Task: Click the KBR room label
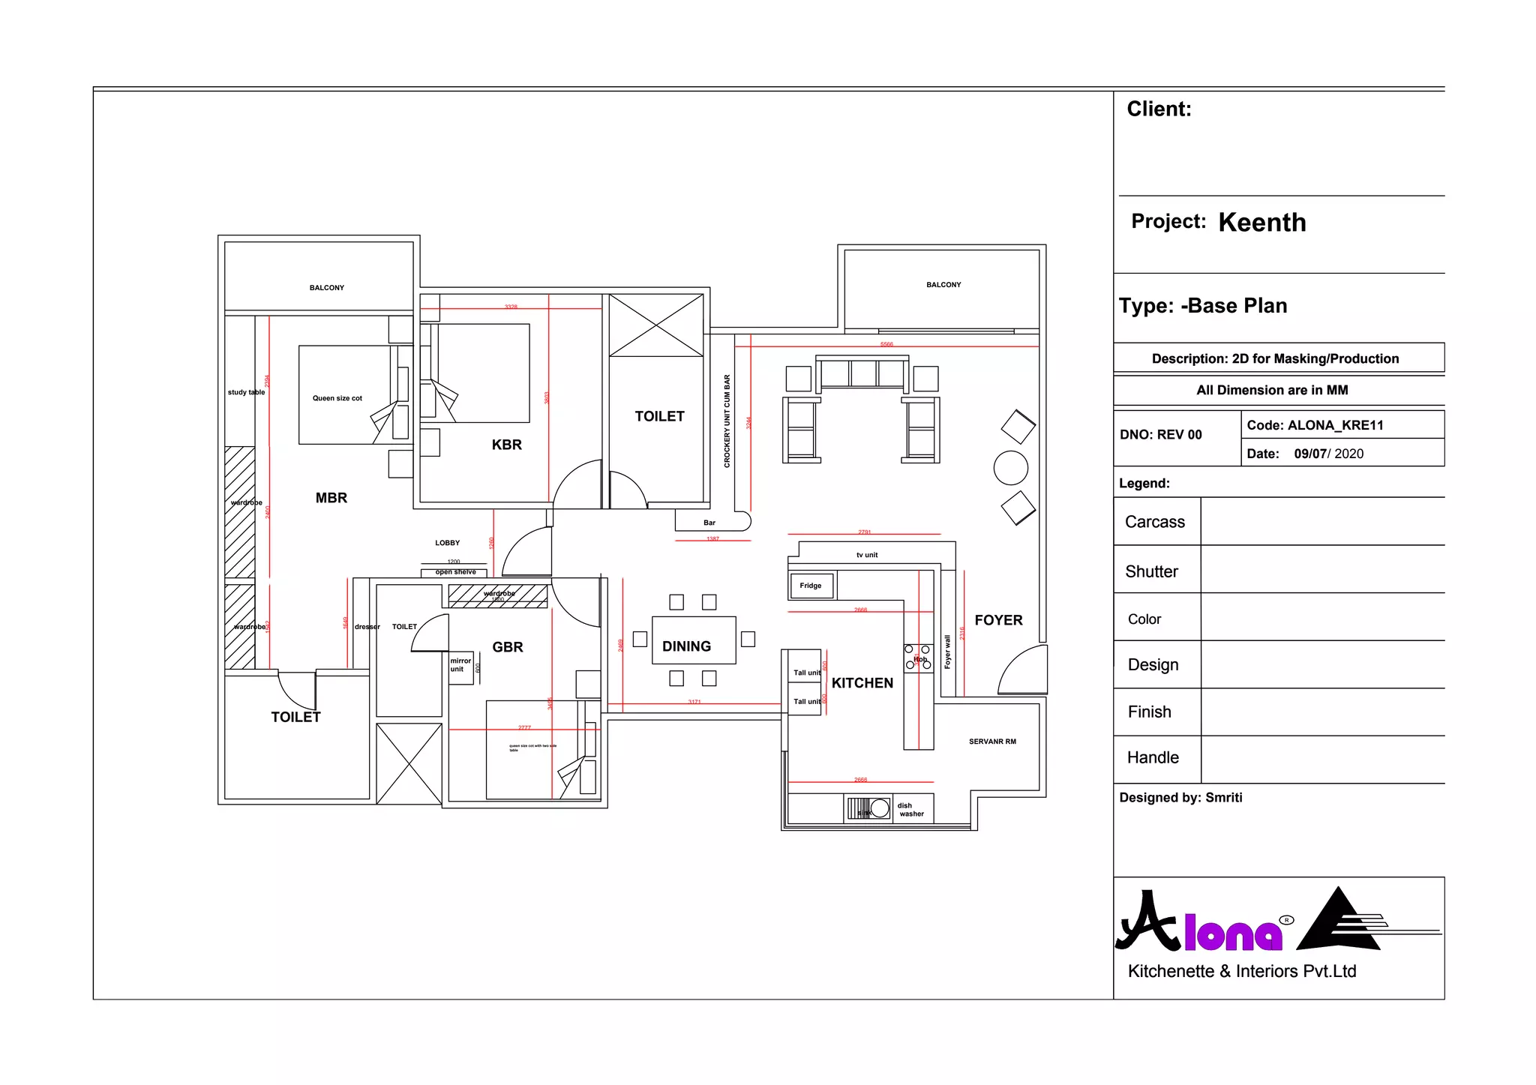click(x=507, y=445)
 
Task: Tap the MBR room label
click(x=331, y=498)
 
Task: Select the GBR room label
click(x=508, y=647)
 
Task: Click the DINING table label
click(x=686, y=646)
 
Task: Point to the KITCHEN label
click(x=862, y=683)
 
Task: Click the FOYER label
click(x=998, y=620)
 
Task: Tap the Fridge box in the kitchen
click(x=811, y=586)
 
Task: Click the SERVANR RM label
click(x=992, y=742)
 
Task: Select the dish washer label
click(x=911, y=810)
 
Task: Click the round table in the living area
click(x=1010, y=469)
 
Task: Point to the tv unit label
click(x=867, y=555)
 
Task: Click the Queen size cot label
click(x=337, y=398)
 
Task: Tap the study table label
click(x=246, y=392)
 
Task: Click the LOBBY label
click(x=448, y=543)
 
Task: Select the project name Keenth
click(x=1262, y=223)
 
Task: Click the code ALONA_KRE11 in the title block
click(x=1315, y=425)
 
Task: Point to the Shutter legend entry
click(x=1152, y=571)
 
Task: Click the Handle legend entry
click(x=1153, y=757)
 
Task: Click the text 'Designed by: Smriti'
click(x=1180, y=798)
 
